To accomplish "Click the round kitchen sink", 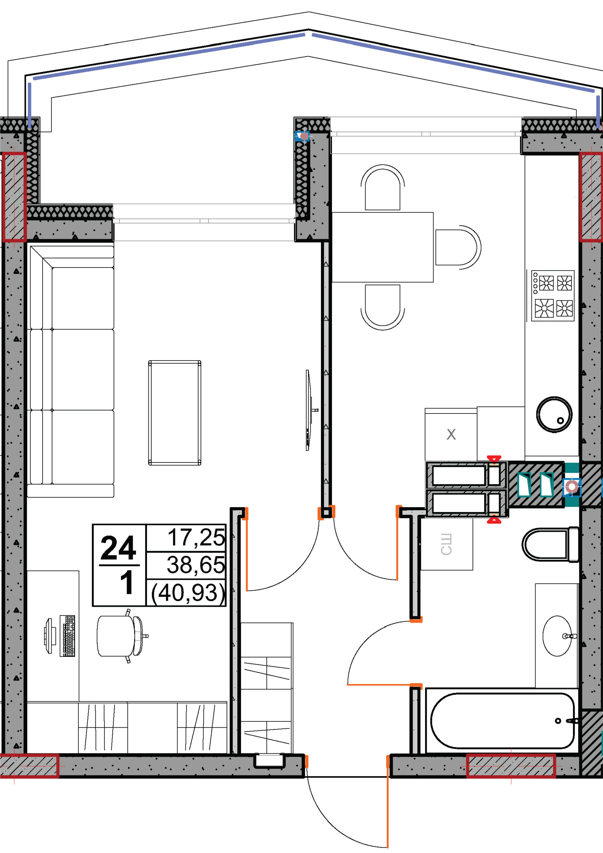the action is (554, 414).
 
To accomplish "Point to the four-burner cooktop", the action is (553, 295).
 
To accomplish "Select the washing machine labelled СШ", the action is (446, 544).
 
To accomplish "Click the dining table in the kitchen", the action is (382, 247).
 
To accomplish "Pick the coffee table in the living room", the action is (175, 413).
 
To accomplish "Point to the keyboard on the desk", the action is (67, 636).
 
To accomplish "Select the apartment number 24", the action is (118, 548).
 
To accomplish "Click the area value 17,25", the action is (196, 537).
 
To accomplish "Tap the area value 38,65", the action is (196, 565).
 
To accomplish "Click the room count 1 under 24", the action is (127, 582).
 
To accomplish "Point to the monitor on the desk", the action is (50, 636).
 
